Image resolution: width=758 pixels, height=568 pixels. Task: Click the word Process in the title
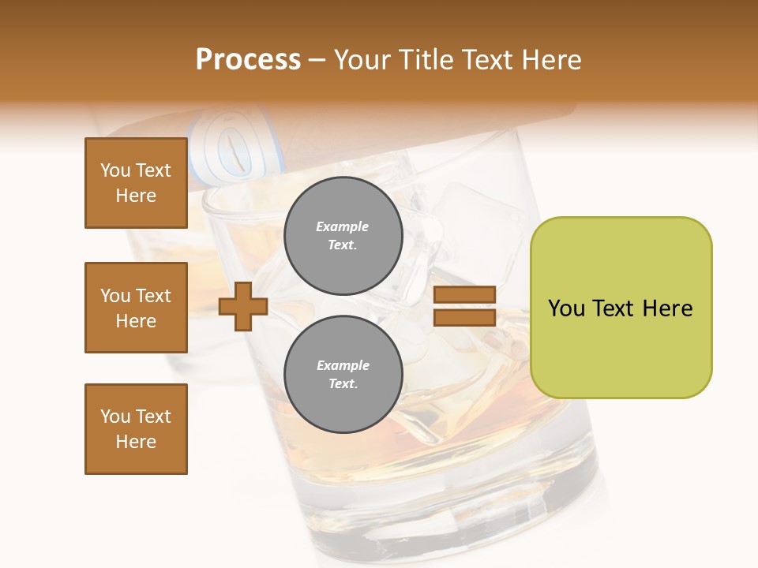click(248, 60)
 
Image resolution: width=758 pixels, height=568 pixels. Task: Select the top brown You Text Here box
click(136, 183)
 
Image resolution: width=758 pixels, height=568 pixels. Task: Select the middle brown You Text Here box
click(136, 308)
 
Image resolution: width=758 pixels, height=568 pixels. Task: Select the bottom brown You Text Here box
click(136, 429)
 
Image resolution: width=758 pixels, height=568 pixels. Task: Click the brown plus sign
click(243, 306)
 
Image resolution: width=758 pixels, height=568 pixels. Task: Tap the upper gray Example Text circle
click(343, 236)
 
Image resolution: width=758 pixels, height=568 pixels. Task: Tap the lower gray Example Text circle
click(343, 375)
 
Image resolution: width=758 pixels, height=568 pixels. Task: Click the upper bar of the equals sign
click(464, 295)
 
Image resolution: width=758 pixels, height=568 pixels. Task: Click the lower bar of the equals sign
click(464, 317)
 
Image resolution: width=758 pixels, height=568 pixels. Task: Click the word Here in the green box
click(667, 308)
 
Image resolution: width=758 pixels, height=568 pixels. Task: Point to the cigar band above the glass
click(221, 146)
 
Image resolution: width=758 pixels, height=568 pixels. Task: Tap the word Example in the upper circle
click(343, 226)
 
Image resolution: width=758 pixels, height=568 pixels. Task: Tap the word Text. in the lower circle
click(343, 384)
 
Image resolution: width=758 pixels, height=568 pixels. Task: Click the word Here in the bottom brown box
click(136, 442)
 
